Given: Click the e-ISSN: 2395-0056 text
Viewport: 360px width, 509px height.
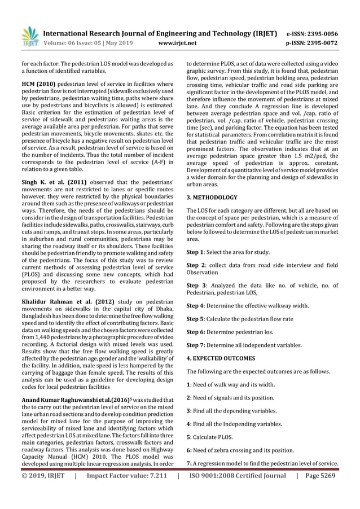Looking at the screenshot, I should [x=321, y=33].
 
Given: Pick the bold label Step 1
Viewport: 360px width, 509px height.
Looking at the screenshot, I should [x=195, y=252].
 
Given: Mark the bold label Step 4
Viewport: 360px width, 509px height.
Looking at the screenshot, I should [x=195, y=305].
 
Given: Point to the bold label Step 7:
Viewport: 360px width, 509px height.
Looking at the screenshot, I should [x=196, y=345].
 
